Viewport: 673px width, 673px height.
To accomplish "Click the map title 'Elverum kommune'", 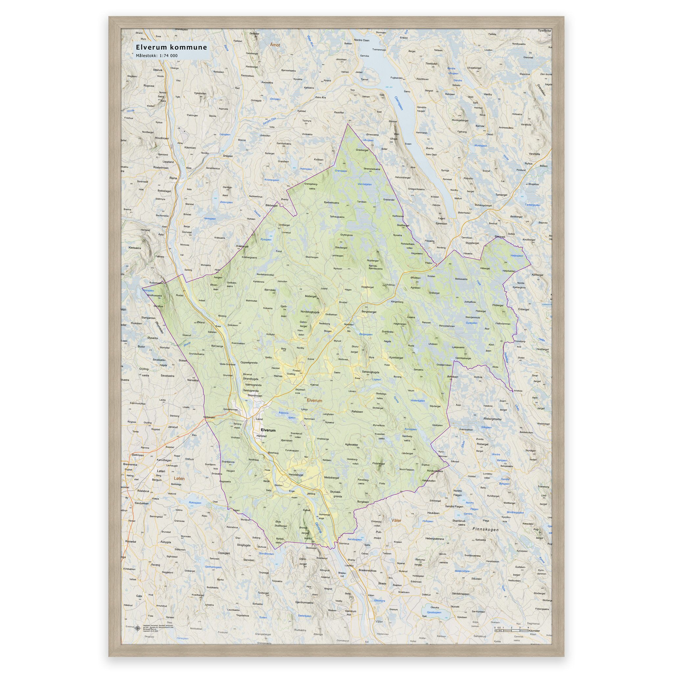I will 172,47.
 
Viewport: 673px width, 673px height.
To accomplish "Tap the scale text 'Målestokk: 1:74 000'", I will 157,56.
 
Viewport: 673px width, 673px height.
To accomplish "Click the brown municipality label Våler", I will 396,521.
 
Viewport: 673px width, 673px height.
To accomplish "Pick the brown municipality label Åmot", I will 275,45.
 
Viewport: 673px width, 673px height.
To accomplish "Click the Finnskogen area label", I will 486,529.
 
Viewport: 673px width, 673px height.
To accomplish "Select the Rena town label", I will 173,178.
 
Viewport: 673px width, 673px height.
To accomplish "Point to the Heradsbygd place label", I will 297,475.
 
